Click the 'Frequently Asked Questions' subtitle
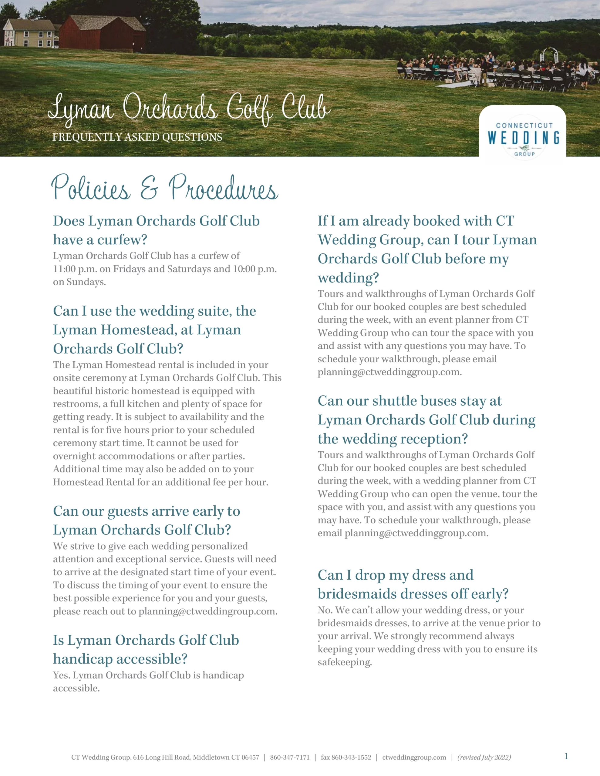click(x=137, y=137)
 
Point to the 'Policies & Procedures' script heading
click(x=164, y=188)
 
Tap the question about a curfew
click(x=156, y=230)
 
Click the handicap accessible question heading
click(x=146, y=650)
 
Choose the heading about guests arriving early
click(x=147, y=520)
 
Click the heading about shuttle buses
click(x=426, y=420)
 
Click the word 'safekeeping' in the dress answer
click(x=344, y=662)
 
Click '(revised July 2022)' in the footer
click(x=484, y=757)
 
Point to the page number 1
click(x=566, y=756)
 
